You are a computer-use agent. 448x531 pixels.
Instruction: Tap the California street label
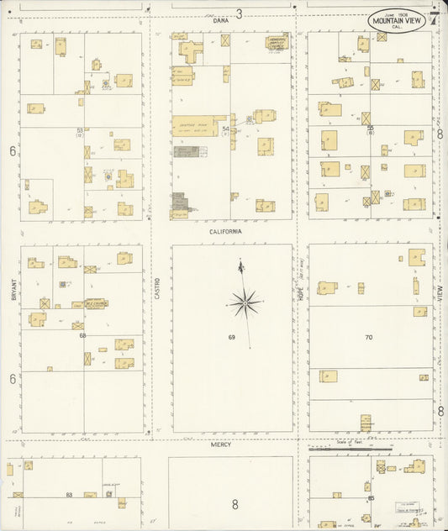click(x=226, y=229)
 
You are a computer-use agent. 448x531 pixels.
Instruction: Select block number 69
click(x=230, y=338)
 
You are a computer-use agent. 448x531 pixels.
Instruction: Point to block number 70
click(x=368, y=338)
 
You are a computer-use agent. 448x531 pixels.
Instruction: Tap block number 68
click(x=82, y=335)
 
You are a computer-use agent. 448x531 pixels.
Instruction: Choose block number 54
click(x=225, y=129)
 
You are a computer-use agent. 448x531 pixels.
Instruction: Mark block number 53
click(x=80, y=130)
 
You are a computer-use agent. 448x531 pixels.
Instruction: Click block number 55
click(x=370, y=128)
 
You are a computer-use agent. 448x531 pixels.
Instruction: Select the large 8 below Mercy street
click(x=235, y=505)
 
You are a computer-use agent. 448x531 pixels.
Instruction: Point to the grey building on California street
click(x=180, y=205)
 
